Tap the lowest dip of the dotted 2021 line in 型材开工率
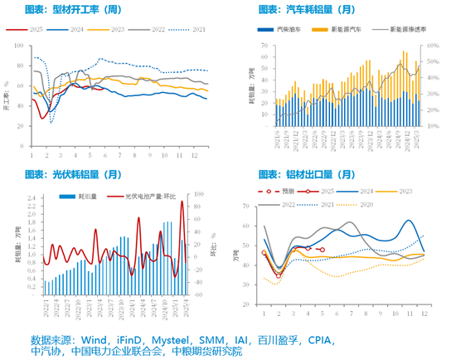(x=50, y=122)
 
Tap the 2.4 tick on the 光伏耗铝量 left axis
(x=30, y=199)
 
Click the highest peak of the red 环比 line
(x=182, y=202)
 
